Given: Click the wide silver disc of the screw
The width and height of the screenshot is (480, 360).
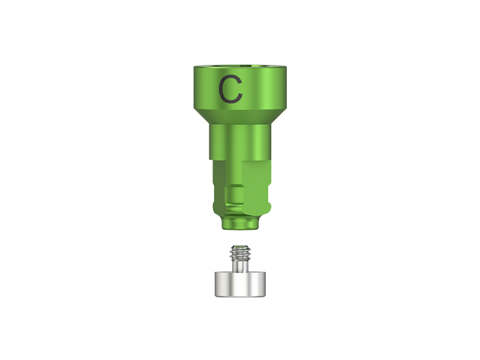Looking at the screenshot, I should click(x=240, y=283).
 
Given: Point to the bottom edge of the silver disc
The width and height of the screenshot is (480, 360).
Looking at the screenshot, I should click(x=240, y=296).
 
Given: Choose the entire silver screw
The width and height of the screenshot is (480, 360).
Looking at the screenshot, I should click(x=240, y=273).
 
